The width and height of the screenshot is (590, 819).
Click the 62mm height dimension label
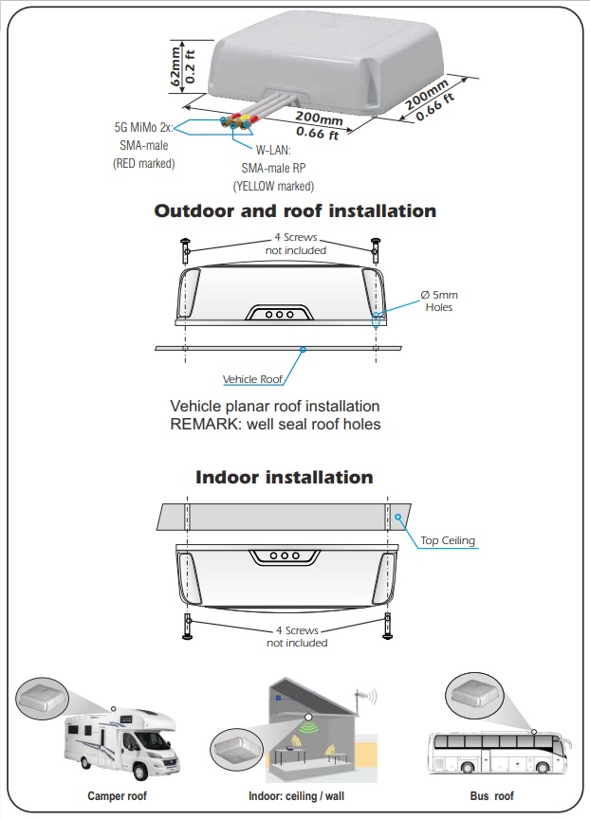[175, 66]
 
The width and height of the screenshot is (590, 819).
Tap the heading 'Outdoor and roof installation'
[295, 210]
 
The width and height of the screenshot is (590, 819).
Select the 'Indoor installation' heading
[285, 477]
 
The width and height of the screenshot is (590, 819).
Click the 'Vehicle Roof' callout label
[252, 379]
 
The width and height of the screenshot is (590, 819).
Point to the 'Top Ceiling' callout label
[448, 540]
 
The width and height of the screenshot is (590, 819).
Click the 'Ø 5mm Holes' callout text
[439, 300]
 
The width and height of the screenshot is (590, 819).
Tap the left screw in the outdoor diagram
[186, 250]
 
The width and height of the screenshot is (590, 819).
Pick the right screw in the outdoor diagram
[376, 250]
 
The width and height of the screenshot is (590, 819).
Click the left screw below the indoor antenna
[187, 627]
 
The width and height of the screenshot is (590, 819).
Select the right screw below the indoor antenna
[388, 627]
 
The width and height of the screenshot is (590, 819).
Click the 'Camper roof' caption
[117, 796]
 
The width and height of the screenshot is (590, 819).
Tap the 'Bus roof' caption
[491, 796]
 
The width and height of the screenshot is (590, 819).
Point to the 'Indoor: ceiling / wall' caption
[296, 796]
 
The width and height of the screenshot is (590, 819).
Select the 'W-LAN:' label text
[273, 151]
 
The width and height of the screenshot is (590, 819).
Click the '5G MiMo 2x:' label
[144, 127]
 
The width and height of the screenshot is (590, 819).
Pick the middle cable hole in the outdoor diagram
[279, 315]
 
